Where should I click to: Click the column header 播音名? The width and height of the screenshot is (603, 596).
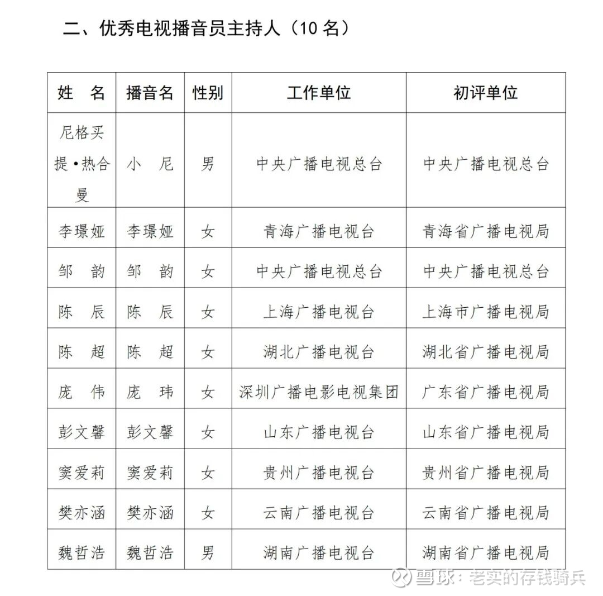pos(150,93)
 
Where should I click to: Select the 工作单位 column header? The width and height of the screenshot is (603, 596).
pos(319,93)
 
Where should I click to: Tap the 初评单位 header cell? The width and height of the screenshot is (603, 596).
pos(486,93)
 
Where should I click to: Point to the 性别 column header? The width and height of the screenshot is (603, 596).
pos(208,93)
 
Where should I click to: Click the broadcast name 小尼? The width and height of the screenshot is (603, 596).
pos(150,164)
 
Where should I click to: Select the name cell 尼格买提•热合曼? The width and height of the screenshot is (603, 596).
pos(82,164)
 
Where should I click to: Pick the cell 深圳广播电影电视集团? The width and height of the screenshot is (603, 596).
pos(319,392)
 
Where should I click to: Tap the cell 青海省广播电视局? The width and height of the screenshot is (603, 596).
pos(486,231)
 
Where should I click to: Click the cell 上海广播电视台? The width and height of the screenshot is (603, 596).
pos(319,312)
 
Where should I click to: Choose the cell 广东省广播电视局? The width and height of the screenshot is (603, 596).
pos(486,392)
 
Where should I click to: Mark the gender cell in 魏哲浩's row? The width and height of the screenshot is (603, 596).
pos(208,553)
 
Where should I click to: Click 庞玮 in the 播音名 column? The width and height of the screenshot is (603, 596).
pos(150,392)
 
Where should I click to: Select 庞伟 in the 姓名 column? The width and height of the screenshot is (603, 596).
pos(82,392)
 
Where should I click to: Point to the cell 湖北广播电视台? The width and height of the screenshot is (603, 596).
pos(319,352)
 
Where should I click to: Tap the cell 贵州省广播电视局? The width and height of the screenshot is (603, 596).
pos(486,473)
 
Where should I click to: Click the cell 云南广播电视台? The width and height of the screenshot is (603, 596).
pos(319,513)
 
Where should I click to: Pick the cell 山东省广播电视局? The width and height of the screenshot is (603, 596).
pos(486,432)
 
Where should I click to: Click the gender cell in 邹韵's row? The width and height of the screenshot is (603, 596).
pos(208,271)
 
